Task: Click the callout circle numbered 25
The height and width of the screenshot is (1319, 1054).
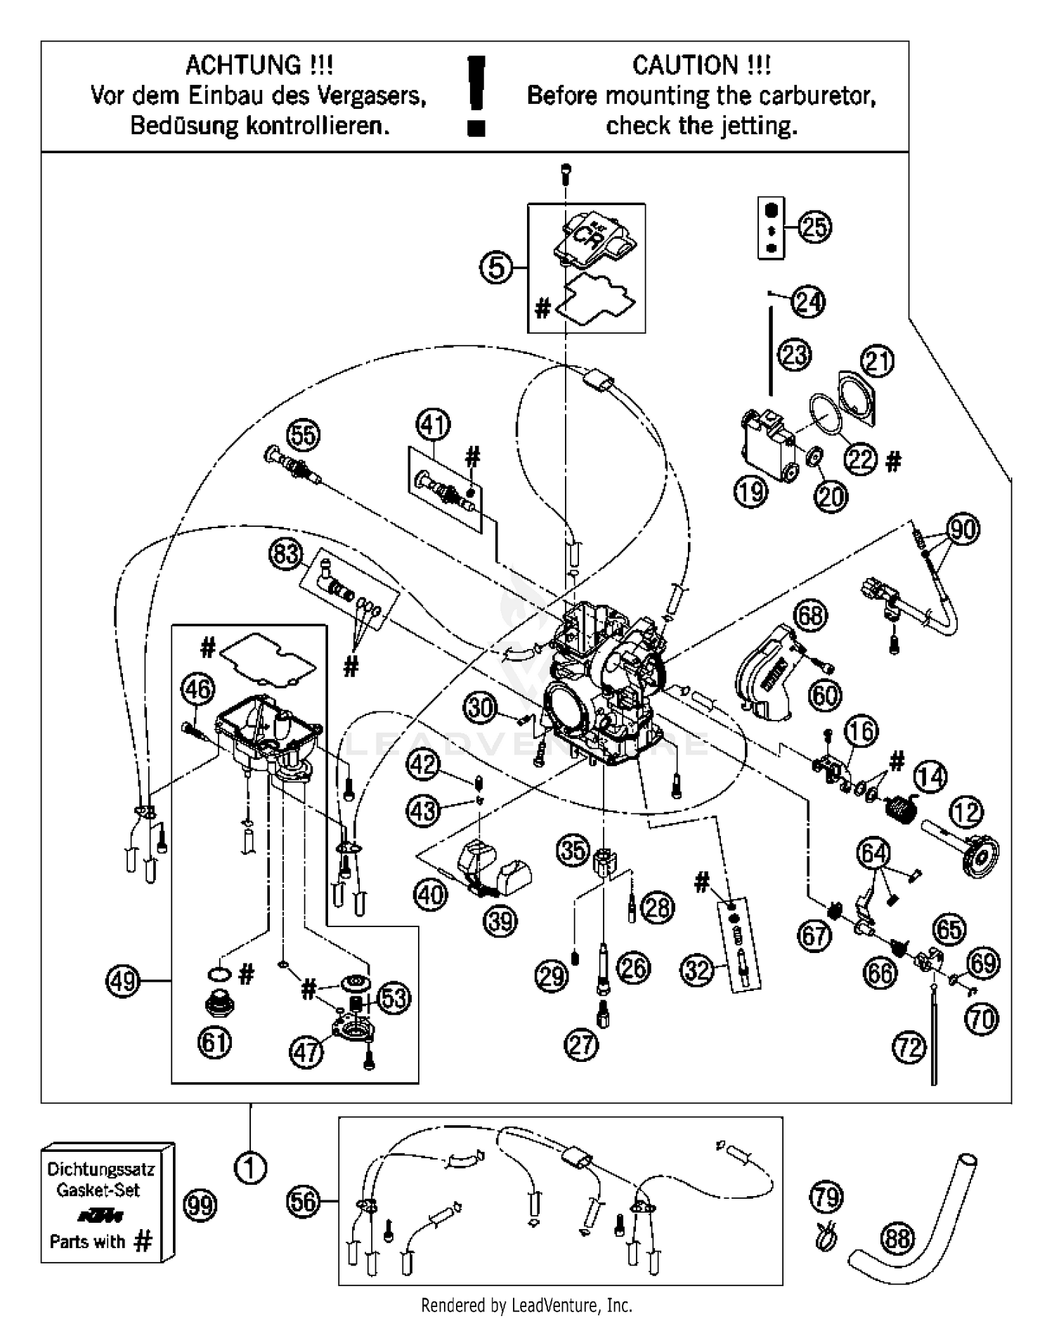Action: tap(814, 228)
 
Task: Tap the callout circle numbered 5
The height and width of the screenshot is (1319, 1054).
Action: tap(497, 268)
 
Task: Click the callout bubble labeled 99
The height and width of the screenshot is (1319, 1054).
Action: tap(200, 1205)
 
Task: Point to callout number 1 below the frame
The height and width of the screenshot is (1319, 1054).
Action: tap(250, 1168)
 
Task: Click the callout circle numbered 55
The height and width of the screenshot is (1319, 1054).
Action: tap(304, 435)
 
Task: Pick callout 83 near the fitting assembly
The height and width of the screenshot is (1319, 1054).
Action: tap(286, 555)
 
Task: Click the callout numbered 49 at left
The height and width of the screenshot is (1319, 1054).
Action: tap(123, 980)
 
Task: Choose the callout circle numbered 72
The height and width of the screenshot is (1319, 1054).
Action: tap(909, 1048)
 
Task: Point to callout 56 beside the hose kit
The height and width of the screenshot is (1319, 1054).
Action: tap(304, 1202)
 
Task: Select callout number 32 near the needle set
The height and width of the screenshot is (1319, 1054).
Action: tap(698, 970)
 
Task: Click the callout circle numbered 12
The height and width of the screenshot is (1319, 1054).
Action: tap(966, 812)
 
